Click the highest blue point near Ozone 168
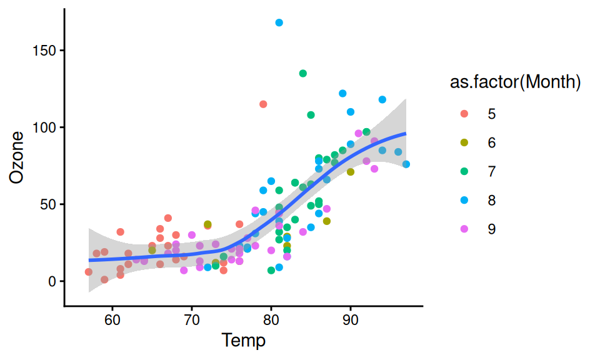(279, 22)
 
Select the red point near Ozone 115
(263, 104)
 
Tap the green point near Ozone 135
(303, 73)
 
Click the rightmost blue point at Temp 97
(406, 164)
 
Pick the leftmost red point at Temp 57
(89, 272)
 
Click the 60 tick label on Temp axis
(112, 320)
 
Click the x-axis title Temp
(244, 341)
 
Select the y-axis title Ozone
(18, 157)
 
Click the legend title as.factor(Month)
(516, 82)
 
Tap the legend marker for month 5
(464, 114)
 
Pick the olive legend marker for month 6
(464, 142)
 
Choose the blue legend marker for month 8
(464, 200)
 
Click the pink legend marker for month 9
(464, 229)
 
